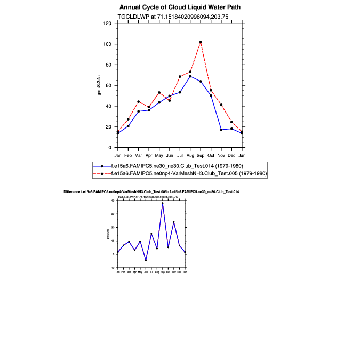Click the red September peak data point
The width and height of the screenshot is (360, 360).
(x=201, y=42)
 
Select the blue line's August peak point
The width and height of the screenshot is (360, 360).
(x=190, y=76)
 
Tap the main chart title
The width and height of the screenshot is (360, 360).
(x=180, y=7)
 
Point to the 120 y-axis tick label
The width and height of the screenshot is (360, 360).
(x=107, y=23)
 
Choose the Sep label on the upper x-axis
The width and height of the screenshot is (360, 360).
(x=201, y=155)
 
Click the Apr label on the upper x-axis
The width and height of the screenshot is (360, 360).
(x=149, y=155)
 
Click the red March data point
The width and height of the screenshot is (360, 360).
(x=138, y=101)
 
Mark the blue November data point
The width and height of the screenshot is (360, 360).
(x=221, y=130)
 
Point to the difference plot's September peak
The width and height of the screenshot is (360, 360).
(x=163, y=203)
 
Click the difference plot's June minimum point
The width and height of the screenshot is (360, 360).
(x=146, y=260)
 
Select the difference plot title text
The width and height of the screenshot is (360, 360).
(x=151, y=191)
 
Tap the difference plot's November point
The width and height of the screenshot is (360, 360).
(x=174, y=222)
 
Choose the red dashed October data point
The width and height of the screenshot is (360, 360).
(x=211, y=90)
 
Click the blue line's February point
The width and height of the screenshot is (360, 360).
(x=128, y=126)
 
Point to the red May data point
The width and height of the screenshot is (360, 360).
(x=159, y=92)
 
